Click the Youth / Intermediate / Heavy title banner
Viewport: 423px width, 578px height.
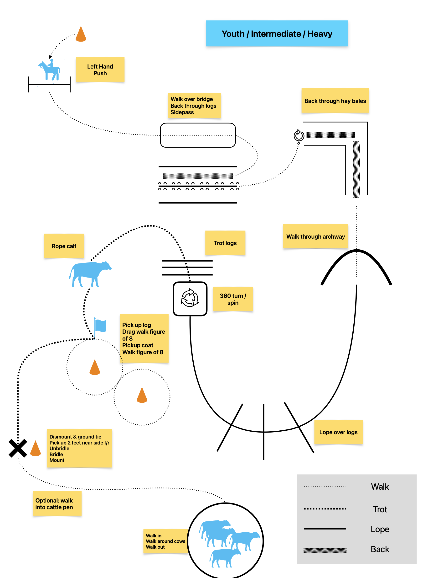[x=277, y=33]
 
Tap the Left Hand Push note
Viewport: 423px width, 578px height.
[x=100, y=70]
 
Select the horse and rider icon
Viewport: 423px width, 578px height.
[x=50, y=70]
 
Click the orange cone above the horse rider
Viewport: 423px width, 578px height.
[x=81, y=34]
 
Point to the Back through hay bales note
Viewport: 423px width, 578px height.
[x=335, y=101]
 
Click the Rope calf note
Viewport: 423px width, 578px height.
[x=64, y=246]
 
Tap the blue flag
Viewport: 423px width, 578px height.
[x=100, y=326]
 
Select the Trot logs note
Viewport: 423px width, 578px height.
[x=225, y=243]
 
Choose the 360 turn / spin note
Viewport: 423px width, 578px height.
[x=233, y=299]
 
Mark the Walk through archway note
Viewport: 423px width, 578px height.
[x=315, y=236]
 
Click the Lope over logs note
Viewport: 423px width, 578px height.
[x=338, y=432]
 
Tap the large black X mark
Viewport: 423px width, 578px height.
[x=18, y=448]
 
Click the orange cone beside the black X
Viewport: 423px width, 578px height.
[x=35, y=449]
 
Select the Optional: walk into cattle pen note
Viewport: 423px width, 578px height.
[x=57, y=504]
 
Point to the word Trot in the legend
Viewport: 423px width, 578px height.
[x=380, y=509]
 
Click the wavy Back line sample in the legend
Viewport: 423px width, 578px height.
[x=325, y=550]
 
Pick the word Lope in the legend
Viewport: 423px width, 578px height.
[x=380, y=529]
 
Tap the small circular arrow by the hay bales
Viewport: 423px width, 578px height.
[x=299, y=135]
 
